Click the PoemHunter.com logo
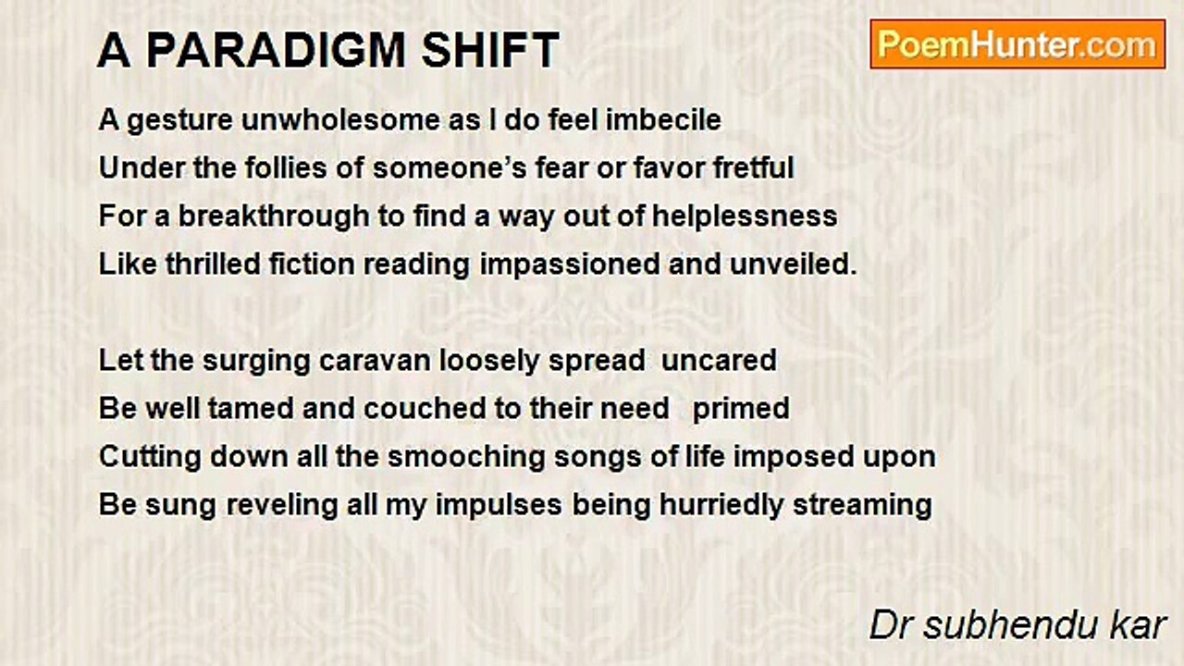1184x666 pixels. point(1017,44)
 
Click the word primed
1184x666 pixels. point(741,408)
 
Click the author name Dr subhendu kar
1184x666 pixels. point(1017,625)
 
